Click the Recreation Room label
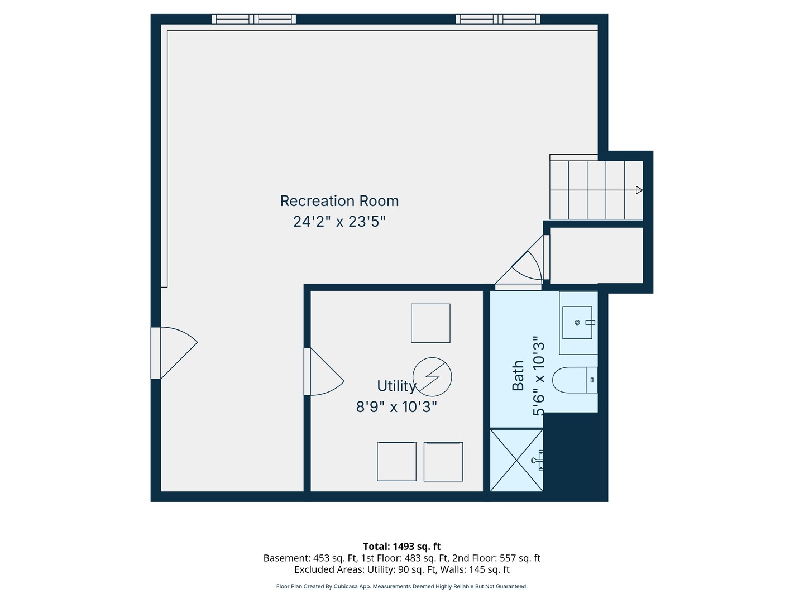(339, 201)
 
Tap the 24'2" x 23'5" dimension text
(339, 222)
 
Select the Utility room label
(396, 386)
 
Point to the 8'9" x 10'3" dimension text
(396, 407)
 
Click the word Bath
(518, 376)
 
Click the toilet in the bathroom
(575, 380)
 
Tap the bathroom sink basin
(577, 323)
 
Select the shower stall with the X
(516, 460)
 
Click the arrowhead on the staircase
(639, 190)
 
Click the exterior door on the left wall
(174, 353)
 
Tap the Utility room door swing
(324, 372)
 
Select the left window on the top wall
(254, 19)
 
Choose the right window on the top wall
(498, 19)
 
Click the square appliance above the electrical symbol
(430, 323)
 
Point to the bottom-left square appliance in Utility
(396, 461)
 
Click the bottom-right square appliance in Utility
(443, 461)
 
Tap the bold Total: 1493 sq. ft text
(402, 547)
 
